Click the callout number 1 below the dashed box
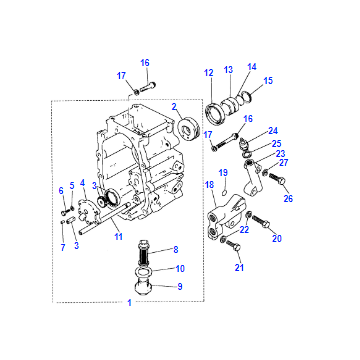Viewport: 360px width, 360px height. (129, 303)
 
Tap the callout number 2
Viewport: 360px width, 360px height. (174, 107)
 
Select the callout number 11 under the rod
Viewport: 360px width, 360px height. (118, 236)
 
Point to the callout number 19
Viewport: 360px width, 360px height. (223, 172)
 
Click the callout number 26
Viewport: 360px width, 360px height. (288, 198)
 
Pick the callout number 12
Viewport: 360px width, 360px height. (209, 73)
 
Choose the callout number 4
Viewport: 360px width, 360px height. (82, 182)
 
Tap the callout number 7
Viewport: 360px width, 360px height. (63, 247)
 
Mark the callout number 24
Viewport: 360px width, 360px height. (273, 130)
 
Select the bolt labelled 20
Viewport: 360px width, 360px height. (261, 222)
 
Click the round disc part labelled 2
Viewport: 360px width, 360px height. (188, 127)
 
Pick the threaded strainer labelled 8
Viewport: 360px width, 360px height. (144, 251)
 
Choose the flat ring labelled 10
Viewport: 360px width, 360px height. (144, 273)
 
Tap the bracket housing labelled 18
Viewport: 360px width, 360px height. (227, 217)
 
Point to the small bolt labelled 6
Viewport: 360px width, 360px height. (64, 211)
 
